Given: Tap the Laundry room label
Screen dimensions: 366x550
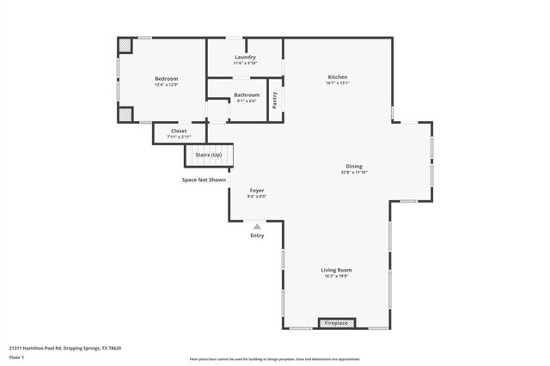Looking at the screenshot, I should [x=245, y=58].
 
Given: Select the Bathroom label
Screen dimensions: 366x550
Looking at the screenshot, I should [x=247, y=95].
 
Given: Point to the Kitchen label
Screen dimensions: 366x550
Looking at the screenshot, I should [x=337, y=76].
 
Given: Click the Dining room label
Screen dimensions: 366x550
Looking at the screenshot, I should [x=353, y=167].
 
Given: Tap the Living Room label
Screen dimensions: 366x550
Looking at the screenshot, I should [x=337, y=270].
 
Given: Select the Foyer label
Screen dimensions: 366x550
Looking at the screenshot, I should [x=257, y=190].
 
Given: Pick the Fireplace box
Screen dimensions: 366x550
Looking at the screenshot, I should [x=336, y=323].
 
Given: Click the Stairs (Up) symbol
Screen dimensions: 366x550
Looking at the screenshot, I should [x=209, y=156].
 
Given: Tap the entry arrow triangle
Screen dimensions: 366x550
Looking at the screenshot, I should [x=257, y=226].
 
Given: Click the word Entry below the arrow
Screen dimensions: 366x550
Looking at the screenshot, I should [x=257, y=235].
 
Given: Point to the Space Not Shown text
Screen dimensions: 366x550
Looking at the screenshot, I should [x=204, y=180].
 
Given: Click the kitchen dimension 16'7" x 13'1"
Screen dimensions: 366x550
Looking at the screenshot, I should [x=337, y=83].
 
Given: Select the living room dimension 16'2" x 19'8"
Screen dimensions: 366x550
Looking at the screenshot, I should [x=337, y=277].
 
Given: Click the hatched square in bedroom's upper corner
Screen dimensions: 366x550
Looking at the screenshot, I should [x=125, y=46].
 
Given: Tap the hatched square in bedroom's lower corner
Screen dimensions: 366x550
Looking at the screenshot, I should [x=125, y=113].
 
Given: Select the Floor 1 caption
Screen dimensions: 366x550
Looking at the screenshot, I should [x=17, y=357].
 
